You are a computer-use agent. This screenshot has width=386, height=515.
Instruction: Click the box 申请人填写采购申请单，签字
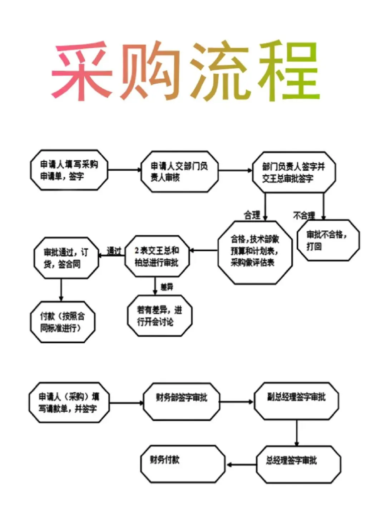(69, 171)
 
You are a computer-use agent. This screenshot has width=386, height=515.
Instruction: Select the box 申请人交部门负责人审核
(179, 171)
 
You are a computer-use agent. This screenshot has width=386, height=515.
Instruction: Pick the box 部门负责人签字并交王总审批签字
(293, 172)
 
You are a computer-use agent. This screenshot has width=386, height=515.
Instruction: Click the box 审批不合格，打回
(328, 240)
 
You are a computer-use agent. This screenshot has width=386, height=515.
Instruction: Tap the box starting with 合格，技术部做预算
(255, 251)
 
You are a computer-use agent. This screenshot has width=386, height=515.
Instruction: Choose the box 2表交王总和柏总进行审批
(157, 256)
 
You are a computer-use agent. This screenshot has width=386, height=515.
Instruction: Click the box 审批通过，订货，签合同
(66, 258)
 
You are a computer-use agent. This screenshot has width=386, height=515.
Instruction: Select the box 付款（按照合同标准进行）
(63, 322)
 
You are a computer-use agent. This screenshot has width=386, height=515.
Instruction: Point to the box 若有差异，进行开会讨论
(159, 316)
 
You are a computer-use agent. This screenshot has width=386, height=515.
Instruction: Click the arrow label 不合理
(304, 215)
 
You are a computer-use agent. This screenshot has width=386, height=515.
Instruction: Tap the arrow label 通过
(114, 251)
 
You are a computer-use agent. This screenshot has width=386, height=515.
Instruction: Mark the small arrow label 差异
(167, 286)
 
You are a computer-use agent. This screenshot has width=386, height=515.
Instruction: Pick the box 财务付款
(183, 464)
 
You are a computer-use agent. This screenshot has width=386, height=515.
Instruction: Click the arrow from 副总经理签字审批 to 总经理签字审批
(297, 432)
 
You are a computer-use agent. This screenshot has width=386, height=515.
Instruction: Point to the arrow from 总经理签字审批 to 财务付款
(241, 465)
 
